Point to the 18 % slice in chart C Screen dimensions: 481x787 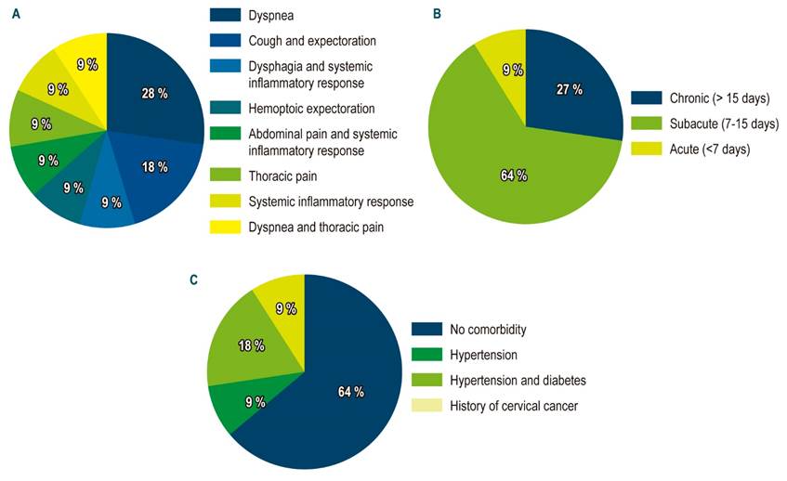pyautogui.click(x=251, y=345)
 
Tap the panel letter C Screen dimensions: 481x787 pyautogui.click(x=193, y=279)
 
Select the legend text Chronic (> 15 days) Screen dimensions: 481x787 pyautogui.click(x=712, y=98)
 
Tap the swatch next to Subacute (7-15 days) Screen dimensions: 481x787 pyautogui.click(x=644, y=124)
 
